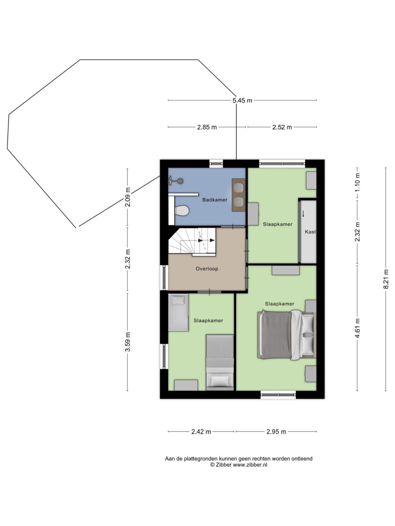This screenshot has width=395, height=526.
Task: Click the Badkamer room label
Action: (x=215, y=200)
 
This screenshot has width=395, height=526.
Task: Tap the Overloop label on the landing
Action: (x=207, y=269)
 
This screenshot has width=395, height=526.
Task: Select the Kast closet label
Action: (x=310, y=232)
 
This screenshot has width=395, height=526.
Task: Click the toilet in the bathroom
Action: (x=182, y=211)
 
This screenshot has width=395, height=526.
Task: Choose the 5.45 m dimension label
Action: (x=242, y=100)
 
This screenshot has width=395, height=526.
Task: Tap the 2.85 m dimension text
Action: (x=207, y=127)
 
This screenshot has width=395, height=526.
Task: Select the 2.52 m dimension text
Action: (x=282, y=127)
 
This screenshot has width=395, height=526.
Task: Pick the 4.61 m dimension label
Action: (x=358, y=328)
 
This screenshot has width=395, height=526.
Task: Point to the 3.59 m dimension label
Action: (x=128, y=342)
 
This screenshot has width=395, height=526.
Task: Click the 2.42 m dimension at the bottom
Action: (x=201, y=432)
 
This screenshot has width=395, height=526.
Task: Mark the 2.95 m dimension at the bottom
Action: (x=276, y=432)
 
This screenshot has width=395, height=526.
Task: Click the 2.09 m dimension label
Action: (x=128, y=197)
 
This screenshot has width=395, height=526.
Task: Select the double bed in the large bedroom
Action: (x=287, y=335)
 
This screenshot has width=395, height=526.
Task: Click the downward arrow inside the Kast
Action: (x=303, y=213)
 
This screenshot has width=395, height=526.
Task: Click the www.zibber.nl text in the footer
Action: (x=250, y=465)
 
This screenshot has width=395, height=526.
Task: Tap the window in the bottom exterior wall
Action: (x=278, y=395)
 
